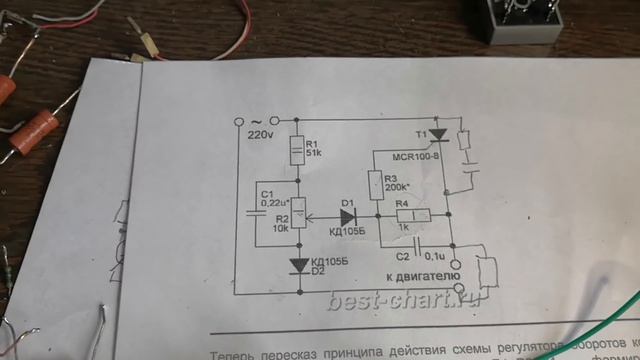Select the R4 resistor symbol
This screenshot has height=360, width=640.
point(415,215)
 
